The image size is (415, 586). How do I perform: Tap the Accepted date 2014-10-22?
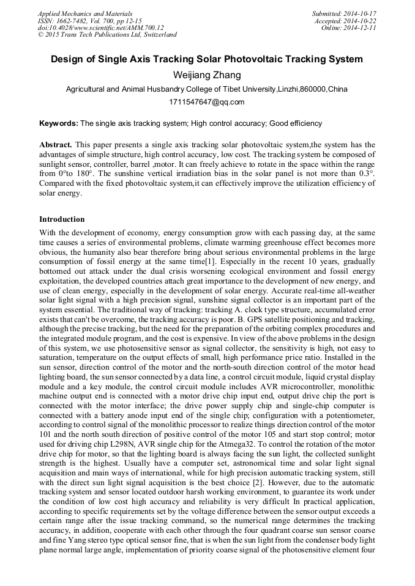(x=359, y=20)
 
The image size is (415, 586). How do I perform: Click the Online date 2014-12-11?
(x=361, y=27)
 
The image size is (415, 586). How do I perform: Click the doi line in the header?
(x=101, y=27)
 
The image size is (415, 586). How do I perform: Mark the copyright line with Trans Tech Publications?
(x=107, y=35)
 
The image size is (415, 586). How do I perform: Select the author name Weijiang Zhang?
(x=207, y=75)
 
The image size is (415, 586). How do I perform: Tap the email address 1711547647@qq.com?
(x=207, y=102)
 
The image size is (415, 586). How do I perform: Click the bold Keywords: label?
(x=59, y=123)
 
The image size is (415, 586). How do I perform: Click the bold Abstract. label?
(x=56, y=145)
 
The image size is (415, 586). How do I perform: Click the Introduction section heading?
(x=62, y=219)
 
